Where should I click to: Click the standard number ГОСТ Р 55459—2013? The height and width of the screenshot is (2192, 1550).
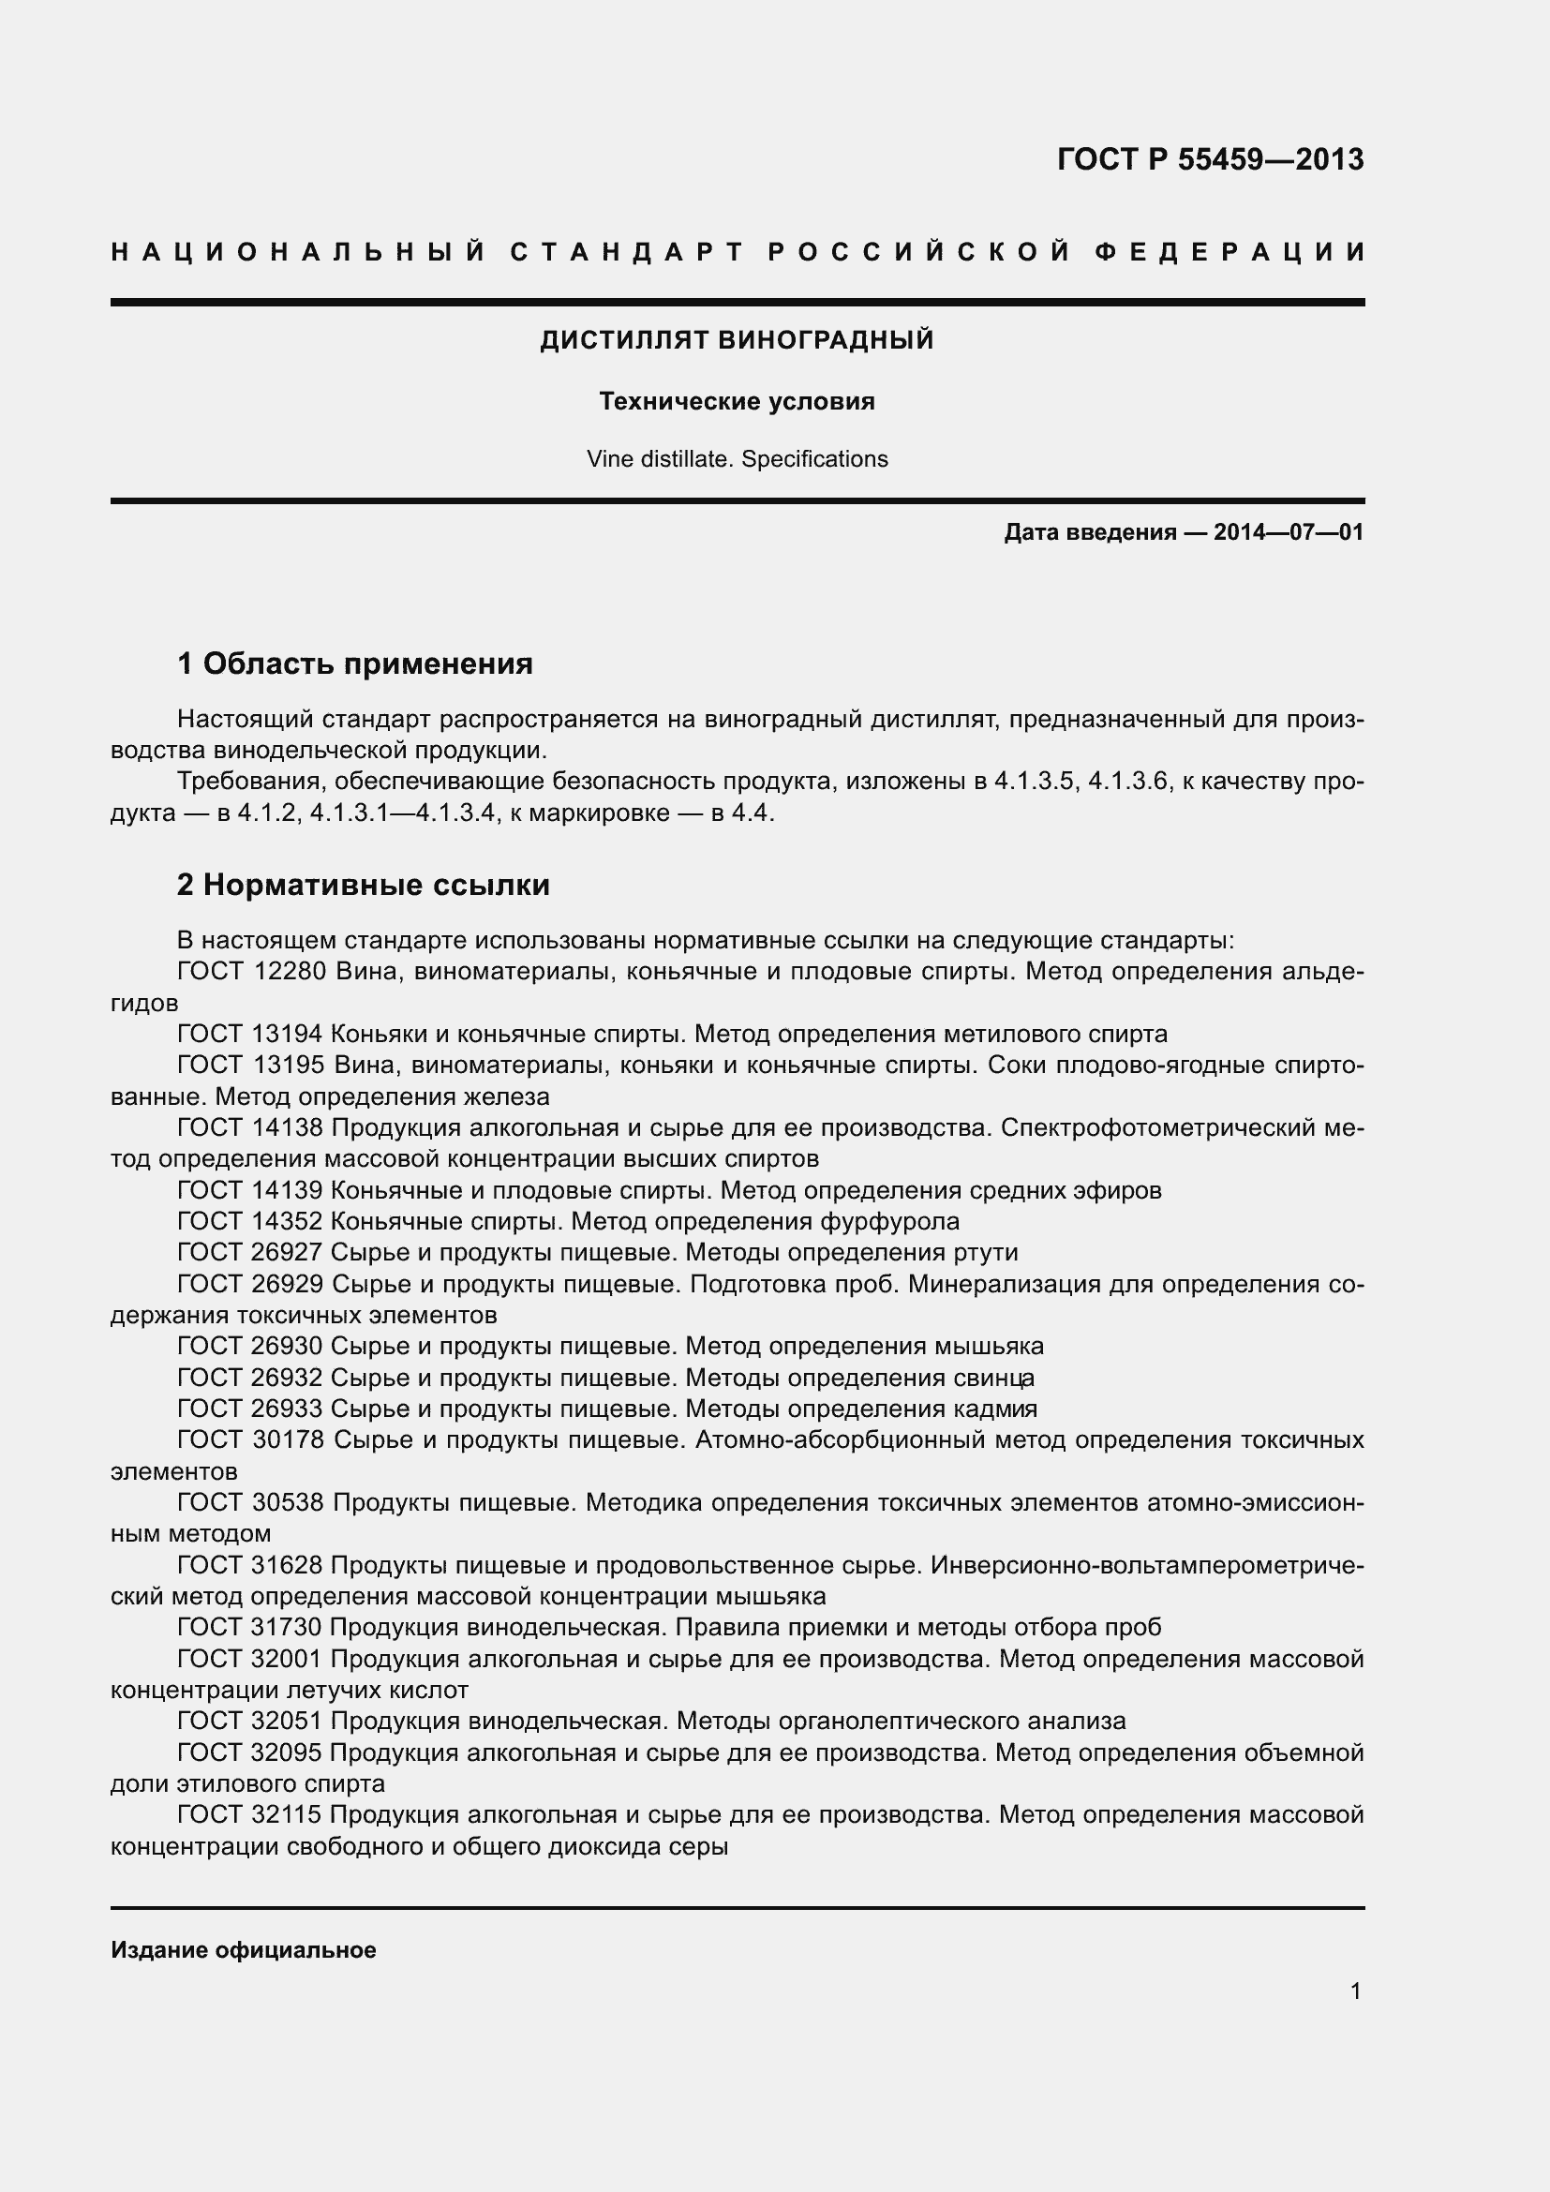(x=1209, y=159)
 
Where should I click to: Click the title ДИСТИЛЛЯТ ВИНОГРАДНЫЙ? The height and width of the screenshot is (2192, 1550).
(x=737, y=340)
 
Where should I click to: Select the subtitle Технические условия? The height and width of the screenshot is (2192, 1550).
(x=737, y=402)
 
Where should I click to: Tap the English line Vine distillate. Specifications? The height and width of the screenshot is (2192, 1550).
(x=737, y=459)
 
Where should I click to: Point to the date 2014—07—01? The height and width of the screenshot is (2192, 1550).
(x=1289, y=532)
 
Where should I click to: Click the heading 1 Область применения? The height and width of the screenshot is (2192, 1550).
(x=355, y=664)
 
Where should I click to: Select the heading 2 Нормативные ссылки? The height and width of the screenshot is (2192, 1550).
(x=364, y=885)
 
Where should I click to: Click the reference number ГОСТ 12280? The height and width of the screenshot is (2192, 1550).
(x=252, y=972)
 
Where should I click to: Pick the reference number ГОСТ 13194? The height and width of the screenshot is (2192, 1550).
(x=252, y=1034)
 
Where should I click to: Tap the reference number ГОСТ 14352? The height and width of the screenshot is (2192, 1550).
(x=252, y=1221)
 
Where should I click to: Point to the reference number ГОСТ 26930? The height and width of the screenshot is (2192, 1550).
(x=252, y=1346)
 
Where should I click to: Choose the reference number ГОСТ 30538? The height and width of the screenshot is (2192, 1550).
(x=252, y=1502)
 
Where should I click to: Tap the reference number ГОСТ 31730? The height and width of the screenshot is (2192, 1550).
(x=252, y=1627)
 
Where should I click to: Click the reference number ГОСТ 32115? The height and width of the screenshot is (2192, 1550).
(x=252, y=1814)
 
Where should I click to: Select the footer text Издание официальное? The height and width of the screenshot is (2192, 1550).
(x=244, y=1950)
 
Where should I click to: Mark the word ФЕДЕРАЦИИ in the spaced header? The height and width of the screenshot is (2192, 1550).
(x=1230, y=252)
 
